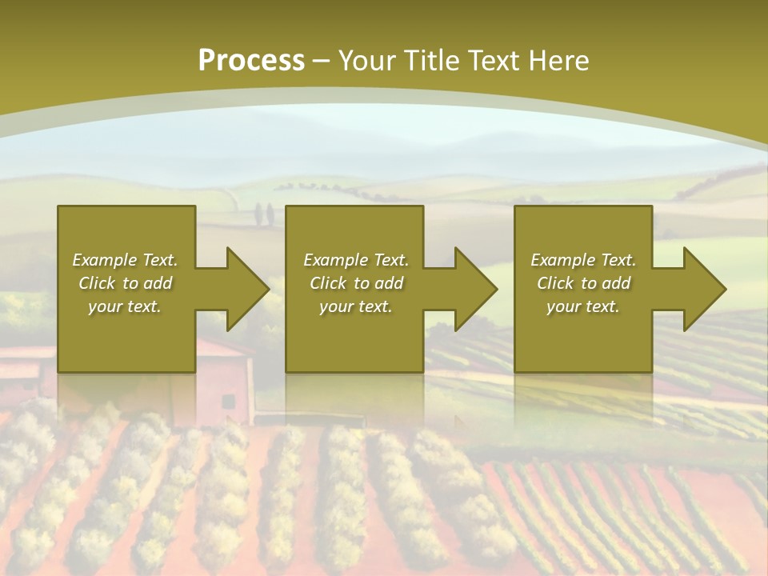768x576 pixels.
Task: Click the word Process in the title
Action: [x=251, y=61]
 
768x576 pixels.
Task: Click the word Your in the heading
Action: [x=367, y=61]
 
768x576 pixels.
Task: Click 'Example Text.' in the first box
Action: [x=125, y=260]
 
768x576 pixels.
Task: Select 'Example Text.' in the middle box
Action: [x=356, y=260]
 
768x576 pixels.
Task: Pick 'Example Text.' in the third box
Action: [x=583, y=260]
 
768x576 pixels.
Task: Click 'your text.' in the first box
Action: [x=125, y=306]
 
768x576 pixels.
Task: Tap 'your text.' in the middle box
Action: [x=356, y=306]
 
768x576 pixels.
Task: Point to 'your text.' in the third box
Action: [x=583, y=306]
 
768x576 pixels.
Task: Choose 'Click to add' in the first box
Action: [x=125, y=283]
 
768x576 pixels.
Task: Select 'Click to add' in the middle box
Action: [x=356, y=283]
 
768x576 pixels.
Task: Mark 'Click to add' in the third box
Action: [x=583, y=283]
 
